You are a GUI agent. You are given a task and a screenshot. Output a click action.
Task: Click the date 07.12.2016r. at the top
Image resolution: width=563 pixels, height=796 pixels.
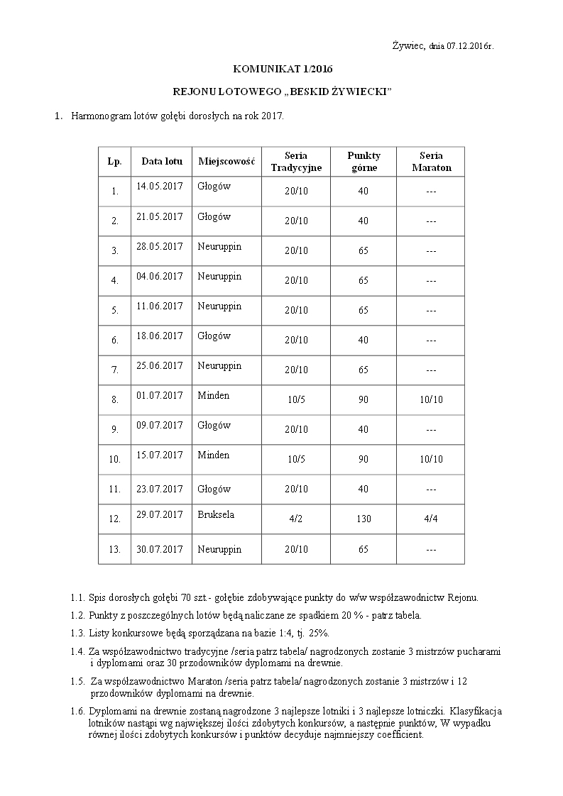pos(470,46)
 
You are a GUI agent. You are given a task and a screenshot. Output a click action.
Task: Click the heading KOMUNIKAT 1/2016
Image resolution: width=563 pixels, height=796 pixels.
pos(283,69)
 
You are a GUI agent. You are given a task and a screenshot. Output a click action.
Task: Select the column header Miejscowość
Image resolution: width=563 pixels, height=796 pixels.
pos(226,161)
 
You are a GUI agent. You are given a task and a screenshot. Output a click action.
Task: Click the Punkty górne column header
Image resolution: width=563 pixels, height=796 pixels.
pos(364,162)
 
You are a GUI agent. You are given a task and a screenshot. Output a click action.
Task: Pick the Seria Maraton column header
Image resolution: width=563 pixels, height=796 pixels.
pos(431,162)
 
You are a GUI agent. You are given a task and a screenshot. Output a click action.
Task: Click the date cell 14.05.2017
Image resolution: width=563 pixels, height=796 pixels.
pos(159,187)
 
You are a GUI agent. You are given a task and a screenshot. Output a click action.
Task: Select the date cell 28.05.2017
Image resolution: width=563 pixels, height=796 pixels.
pos(159,246)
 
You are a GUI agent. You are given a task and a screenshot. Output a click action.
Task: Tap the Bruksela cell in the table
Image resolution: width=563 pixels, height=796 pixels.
pos(216,514)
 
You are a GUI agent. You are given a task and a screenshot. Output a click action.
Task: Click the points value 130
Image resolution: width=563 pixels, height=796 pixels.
pos(364,519)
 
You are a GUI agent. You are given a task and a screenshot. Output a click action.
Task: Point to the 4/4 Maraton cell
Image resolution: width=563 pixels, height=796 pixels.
pos(431,519)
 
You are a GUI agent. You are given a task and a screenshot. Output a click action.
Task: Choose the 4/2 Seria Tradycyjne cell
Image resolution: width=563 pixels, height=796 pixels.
pos(296,519)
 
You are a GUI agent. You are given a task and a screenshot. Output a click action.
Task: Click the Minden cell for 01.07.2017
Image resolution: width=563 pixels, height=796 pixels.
pos(214,395)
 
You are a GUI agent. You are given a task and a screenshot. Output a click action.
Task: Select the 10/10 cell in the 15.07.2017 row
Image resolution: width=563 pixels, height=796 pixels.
pos(431,460)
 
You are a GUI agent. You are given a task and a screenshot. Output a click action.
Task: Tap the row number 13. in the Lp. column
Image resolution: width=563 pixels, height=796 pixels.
pos(114,550)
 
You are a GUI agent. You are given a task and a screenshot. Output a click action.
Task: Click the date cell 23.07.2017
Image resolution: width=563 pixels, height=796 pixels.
pos(159,489)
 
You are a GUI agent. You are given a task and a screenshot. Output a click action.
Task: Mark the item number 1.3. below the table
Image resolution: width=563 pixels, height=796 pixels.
pos(78,632)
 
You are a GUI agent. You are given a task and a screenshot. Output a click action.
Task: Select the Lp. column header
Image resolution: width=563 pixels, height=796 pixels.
pos(114,161)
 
